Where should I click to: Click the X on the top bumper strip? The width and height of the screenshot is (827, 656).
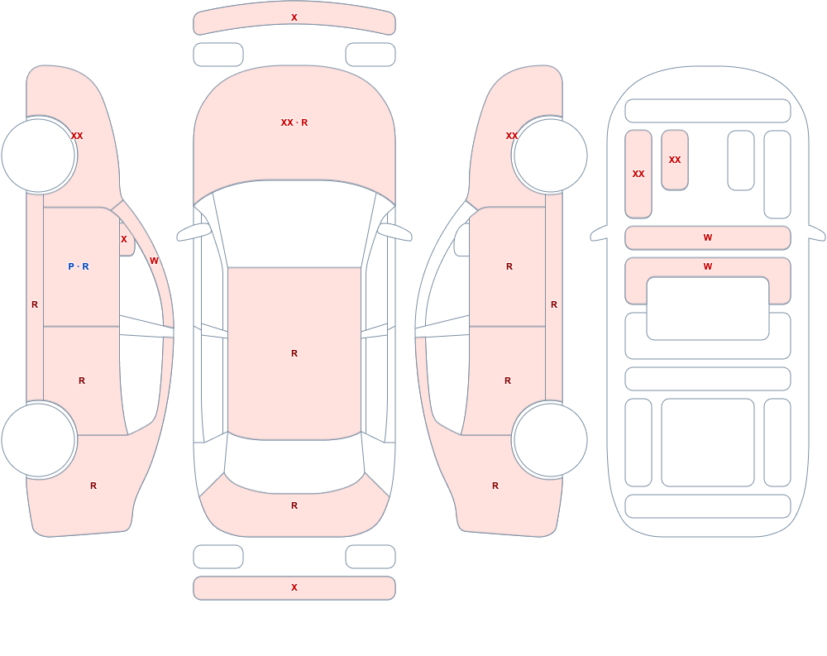tap(294, 17)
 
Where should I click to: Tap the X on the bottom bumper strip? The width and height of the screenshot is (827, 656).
tap(294, 587)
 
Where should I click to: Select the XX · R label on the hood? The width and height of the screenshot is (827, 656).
tap(294, 122)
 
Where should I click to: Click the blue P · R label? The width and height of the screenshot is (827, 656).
tap(79, 266)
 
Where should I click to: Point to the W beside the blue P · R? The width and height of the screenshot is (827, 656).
tap(154, 261)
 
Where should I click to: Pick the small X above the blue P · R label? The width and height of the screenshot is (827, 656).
tap(124, 239)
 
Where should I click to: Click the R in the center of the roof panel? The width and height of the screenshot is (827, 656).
tap(294, 353)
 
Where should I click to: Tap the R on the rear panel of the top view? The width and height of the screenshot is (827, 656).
tap(294, 505)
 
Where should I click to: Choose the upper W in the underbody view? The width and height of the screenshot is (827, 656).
tap(708, 237)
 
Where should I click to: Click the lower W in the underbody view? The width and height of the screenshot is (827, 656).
tap(708, 266)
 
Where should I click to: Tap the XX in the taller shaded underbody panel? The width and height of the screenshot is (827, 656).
tap(638, 174)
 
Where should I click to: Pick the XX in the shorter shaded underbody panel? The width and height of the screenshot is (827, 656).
tap(675, 160)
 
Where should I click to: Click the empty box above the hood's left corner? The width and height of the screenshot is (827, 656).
tap(218, 55)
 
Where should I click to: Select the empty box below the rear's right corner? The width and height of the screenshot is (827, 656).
tap(370, 557)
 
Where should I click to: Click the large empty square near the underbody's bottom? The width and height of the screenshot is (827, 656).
tap(708, 443)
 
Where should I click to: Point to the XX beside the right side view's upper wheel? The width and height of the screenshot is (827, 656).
tap(512, 136)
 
